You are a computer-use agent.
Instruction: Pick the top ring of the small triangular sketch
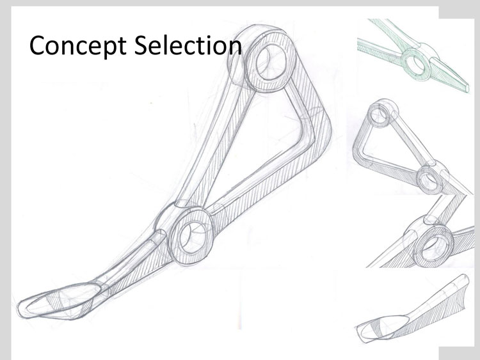(x=382, y=113)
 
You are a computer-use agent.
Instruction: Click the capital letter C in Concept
(x=39, y=45)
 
